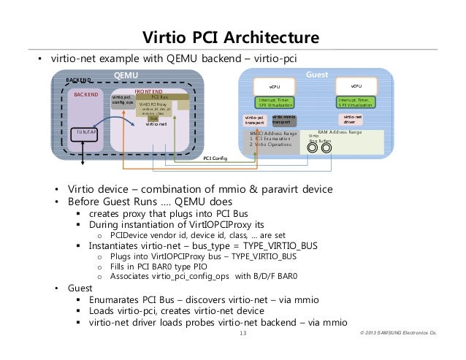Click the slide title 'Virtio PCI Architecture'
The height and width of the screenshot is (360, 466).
232,37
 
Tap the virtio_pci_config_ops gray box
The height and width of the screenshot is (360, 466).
122,100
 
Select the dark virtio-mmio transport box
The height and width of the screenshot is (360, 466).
284,120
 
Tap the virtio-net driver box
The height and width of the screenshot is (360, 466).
353,120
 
